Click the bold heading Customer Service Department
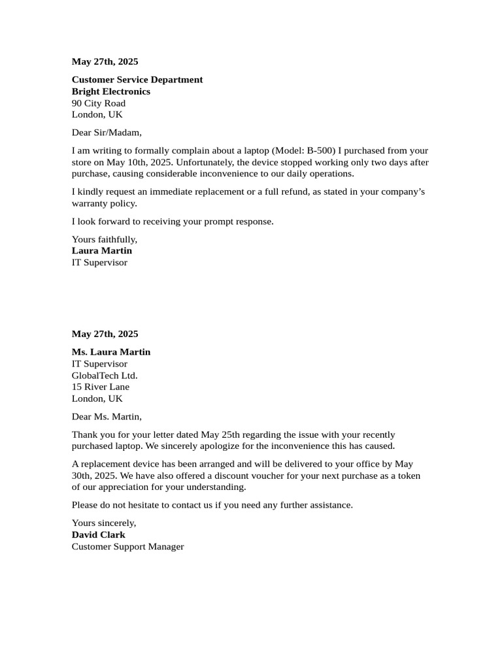(x=137, y=80)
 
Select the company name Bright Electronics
(x=111, y=91)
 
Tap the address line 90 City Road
(x=99, y=103)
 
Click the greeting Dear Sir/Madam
(x=107, y=133)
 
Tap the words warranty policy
(x=104, y=204)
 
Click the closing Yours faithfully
(x=105, y=240)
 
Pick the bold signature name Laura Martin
(x=102, y=251)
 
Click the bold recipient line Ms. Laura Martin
(x=111, y=352)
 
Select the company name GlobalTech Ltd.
(x=105, y=376)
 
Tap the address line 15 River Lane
(x=101, y=387)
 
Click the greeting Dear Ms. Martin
(x=107, y=417)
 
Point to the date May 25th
(x=220, y=435)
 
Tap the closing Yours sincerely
(x=104, y=523)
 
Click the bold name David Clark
(x=99, y=535)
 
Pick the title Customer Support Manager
(x=128, y=547)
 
